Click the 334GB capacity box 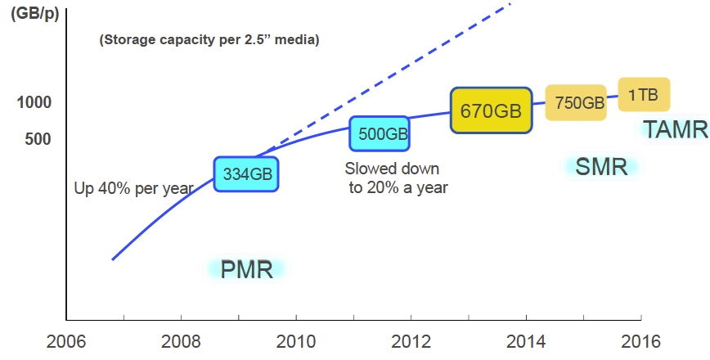(246, 173)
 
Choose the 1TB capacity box (644, 95)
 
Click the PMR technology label (246, 269)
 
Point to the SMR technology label (601, 167)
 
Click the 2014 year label (525, 340)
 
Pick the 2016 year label (640, 340)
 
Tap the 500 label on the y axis (38, 139)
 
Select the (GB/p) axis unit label (34, 14)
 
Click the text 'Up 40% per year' (133, 188)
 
